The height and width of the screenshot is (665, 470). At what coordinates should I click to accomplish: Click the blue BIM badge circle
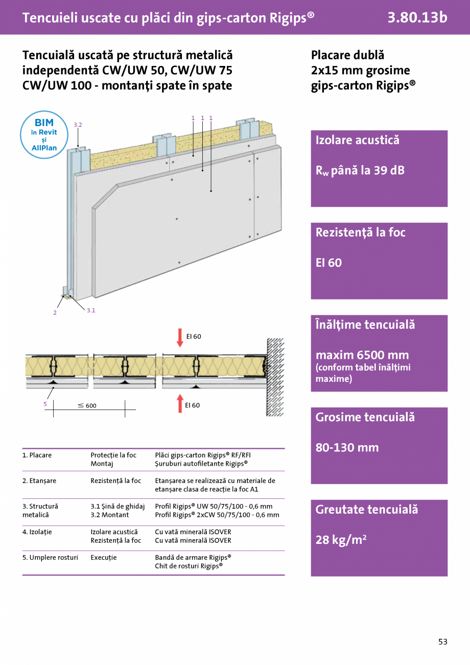tap(44, 135)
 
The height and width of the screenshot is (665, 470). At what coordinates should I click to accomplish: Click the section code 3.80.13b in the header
tap(417, 17)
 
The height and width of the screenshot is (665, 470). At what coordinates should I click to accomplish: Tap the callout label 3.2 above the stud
tap(78, 125)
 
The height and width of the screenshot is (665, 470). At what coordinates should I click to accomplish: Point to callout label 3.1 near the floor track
tap(90, 310)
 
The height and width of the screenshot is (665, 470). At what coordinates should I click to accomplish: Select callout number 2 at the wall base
tap(55, 313)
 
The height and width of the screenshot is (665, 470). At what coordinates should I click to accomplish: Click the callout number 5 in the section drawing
tap(45, 404)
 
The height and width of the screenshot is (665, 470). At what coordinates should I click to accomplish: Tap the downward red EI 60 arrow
tap(180, 337)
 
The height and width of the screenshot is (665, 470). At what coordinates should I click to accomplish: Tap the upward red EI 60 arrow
tap(180, 403)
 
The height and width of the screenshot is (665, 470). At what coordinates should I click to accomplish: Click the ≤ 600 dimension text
tap(87, 406)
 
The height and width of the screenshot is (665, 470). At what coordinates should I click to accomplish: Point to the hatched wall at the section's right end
tap(275, 377)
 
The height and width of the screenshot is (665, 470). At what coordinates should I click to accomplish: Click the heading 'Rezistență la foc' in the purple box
tap(360, 233)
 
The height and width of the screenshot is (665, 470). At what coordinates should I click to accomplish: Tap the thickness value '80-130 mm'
tap(347, 448)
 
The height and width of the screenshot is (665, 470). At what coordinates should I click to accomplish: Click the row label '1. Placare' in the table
tap(37, 455)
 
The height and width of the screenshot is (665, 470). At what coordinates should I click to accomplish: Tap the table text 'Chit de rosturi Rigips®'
tap(189, 566)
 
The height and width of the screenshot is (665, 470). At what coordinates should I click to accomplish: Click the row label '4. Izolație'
tap(37, 532)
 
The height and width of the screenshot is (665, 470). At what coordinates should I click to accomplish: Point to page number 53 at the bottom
tap(442, 642)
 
